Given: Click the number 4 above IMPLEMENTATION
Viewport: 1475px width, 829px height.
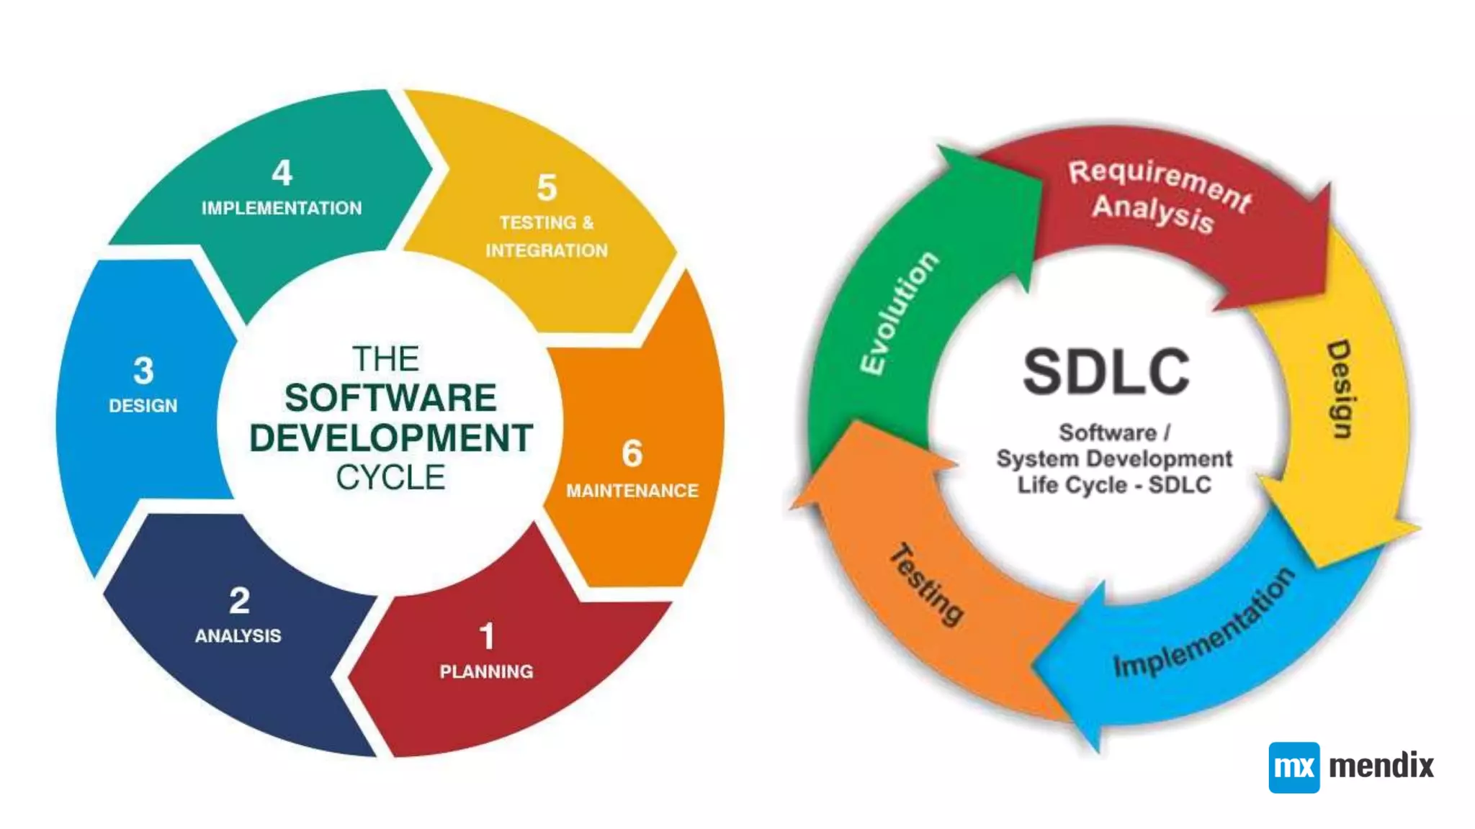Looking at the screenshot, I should coord(282,173).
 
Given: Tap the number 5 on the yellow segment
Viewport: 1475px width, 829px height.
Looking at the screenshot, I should coord(547,188).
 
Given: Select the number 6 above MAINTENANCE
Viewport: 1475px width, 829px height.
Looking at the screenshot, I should coord(632,453).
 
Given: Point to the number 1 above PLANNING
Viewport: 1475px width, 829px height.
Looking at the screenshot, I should coord(487,636).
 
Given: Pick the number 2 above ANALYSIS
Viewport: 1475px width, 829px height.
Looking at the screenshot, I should coord(239,601).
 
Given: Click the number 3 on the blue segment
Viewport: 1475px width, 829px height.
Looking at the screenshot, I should coord(143,371).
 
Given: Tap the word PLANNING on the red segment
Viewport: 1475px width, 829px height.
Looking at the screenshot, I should coord(486,671).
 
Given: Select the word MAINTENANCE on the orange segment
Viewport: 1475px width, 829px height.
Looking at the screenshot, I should coord(632,491).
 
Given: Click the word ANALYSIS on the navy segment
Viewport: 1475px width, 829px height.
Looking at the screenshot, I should coord(238,636).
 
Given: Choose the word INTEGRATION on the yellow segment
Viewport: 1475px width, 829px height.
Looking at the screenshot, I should coord(546,250).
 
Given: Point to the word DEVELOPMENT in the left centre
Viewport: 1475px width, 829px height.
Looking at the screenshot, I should coord(390,438).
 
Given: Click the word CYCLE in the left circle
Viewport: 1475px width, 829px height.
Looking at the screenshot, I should coord(390,477).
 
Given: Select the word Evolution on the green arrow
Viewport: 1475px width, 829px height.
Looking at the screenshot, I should coord(900,313).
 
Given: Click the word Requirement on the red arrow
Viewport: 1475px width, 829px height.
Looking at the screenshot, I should coord(1160,183).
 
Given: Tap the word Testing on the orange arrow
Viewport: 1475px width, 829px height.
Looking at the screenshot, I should coord(927,584).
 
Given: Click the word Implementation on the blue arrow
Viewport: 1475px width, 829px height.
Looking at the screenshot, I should coord(1204,623).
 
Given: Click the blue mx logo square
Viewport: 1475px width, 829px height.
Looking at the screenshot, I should coord(1294,767).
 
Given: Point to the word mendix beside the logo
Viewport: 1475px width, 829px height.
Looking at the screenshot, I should coord(1381,766).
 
